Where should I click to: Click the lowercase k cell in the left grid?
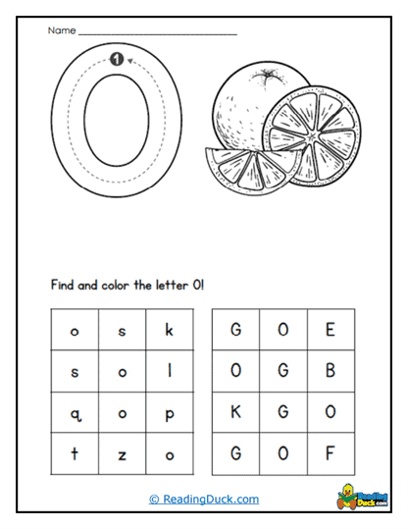pos(169,331)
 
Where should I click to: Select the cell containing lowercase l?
pos(169,372)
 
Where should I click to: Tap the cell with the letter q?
pos(75,413)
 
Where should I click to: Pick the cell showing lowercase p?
pos(169,413)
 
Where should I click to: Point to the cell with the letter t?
pos(75,454)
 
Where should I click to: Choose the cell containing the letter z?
pos(123,454)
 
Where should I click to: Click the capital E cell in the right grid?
pos(331,331)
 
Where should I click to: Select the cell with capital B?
pos(331,372)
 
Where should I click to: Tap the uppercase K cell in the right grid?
pos(236,413)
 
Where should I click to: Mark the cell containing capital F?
pos(331,454)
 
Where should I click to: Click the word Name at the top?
pos(60,31)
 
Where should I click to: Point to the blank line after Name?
pos(157,34)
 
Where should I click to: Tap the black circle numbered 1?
pos(117,60)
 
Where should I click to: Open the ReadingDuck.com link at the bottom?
pos(204,499)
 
